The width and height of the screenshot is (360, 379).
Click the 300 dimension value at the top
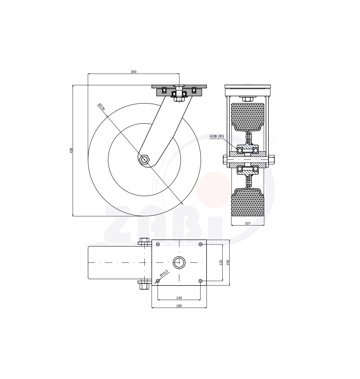pyautogui.click(x=134, y=72)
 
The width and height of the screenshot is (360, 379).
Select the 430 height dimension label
pyautogui.click(x=71, y=150)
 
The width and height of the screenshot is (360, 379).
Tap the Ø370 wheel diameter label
pyautogui.click(x=101, y=107)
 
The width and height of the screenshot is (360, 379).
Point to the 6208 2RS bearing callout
pyautogui.click(x=217, y=136)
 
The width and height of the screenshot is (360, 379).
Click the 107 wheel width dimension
pyautogui.click(x=247, y=223)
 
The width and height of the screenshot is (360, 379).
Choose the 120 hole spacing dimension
pyautogui.click(x=221, y=262)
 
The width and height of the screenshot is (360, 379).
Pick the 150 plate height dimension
pyautogui.click(x=228, y=262)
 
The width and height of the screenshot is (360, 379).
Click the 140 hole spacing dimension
pyautogui.click(x=179, y=298)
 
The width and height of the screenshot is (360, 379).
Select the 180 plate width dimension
pyautogui.click(x=179, y=306)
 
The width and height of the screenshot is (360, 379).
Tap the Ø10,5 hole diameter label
pyautogui.click(x=164, y=273)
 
